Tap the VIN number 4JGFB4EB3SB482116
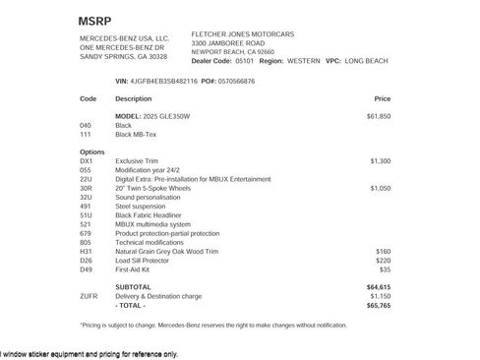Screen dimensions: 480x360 point(164,81)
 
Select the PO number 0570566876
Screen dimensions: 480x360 point(235,81)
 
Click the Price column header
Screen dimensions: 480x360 point(383,99)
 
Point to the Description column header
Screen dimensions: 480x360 point(133,99)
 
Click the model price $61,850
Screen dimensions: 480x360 point(379,116)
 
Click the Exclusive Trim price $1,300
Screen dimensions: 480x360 point(381,160)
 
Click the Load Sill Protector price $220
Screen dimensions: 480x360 point(384,260)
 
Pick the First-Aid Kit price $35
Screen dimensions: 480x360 point(386,269)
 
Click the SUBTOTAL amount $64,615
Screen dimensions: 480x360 point(379,286)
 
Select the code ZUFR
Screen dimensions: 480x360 point(89,295)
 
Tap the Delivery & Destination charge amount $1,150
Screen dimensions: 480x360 point(380,295)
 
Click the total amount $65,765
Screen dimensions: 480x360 point(379,305)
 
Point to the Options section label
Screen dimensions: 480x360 point(92,151)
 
